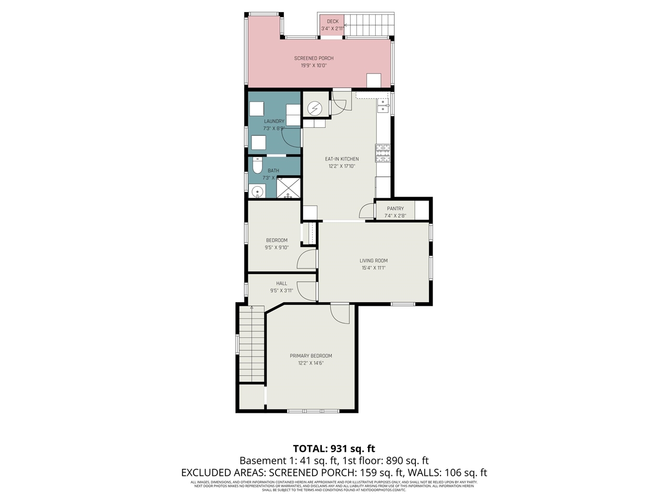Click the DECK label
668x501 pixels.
tap(332, 21)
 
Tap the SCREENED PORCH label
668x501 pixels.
tap(314, 58)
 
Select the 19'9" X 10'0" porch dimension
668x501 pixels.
tap(314, 66)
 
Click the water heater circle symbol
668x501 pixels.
tap(315, 109)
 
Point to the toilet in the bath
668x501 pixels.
tap(257, 166)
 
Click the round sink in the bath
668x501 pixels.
tap(257, 192)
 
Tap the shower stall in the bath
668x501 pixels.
tap(288, 188)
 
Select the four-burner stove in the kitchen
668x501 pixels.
tap(383, 152)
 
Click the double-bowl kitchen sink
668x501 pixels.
tap(384, 105)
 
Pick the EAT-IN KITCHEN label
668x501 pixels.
tap(342, 159)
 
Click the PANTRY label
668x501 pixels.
tap(395, 209)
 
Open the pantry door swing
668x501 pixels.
tap(367, 211)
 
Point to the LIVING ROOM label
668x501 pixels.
tap(374, 261)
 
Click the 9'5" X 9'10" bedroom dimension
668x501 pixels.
tap(277, 248)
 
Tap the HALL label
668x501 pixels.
tap(282, 283)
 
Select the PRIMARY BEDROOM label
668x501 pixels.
tap(311, 356)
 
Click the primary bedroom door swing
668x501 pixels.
tap(340, 314)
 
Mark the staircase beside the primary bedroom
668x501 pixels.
tap(252, 344)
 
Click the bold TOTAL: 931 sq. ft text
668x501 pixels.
tap(334, 448)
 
